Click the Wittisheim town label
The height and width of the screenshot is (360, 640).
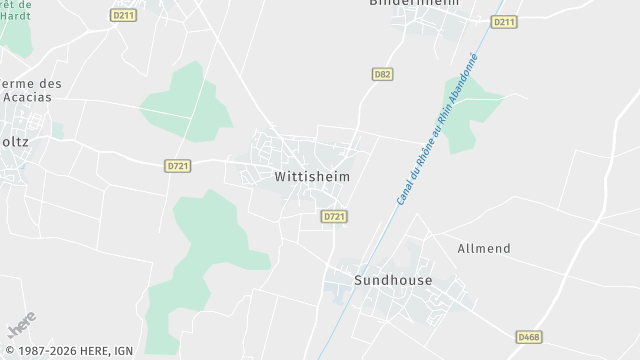(311, 176)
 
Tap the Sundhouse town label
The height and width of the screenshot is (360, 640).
(393, 280)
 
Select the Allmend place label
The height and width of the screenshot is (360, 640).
(484, 248)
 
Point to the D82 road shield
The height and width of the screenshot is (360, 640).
(381, 74)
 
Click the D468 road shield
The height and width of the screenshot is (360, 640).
(528, 337)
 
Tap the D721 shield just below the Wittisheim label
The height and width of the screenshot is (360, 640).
(334, 216)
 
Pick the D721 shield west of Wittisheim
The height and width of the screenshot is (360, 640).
(177, 166)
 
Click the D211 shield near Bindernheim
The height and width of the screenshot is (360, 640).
(504, 22)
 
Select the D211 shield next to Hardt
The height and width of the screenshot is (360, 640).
(123, 16)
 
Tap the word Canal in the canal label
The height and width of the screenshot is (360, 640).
(403, 190)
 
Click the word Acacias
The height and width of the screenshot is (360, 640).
(33, 98)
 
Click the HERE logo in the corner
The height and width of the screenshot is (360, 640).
(22, 325)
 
